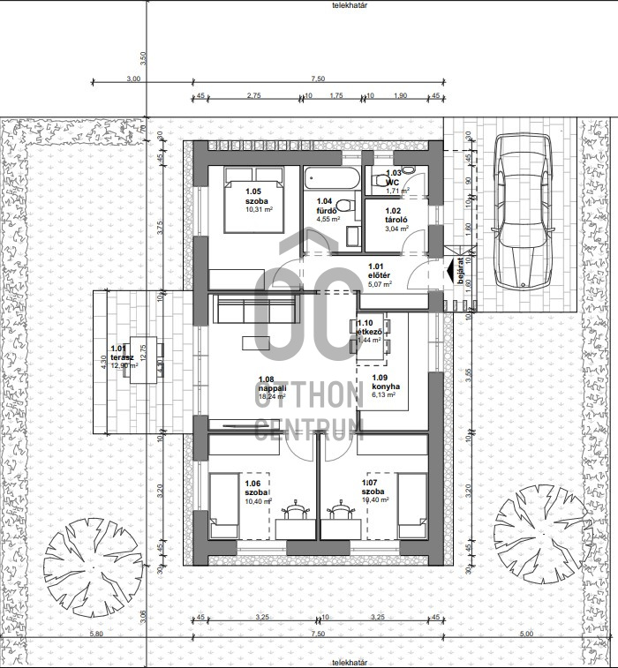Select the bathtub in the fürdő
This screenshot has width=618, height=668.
(332, 180)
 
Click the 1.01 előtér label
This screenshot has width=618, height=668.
(378, 270)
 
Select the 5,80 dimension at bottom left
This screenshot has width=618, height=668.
(95, 634)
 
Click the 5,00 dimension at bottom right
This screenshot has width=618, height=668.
(527, 634)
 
